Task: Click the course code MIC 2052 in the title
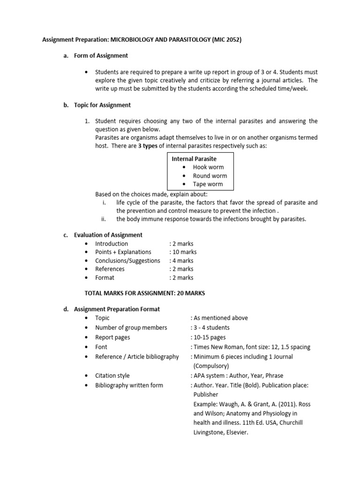pyautogui.click(x=226, y=41)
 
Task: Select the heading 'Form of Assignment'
pyautogui.click(x=101, y=56)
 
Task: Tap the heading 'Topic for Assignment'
pyautogui.click(x=102, y=105)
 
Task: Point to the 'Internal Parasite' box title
pyautogui.click(x=194, y=159)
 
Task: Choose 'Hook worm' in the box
pyautogui.click(x=208, y=167)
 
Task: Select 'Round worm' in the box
pyautogui.click(x=210, y=176)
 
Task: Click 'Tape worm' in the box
pyautogui.click(x=208, y=184)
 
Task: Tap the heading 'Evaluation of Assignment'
pyautogui.click(x=108, y=235)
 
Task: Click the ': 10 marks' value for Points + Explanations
pyautogui.click(x=183, y=252)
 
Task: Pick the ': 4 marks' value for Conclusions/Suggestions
pyautogui.click(x=181, y=261)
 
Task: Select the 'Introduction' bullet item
pyautogui.click(x=112, y=244)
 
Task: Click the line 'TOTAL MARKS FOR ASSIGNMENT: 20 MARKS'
pyautogui.click(x=144, y=293)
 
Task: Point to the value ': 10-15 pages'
pyautogui.click(x=208, y=337)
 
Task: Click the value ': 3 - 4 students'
pyautogui.click(x=210, y=328)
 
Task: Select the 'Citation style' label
pyautogui.click(x=112, y=375)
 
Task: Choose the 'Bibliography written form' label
pyautogui.click(x=129, y=385)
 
